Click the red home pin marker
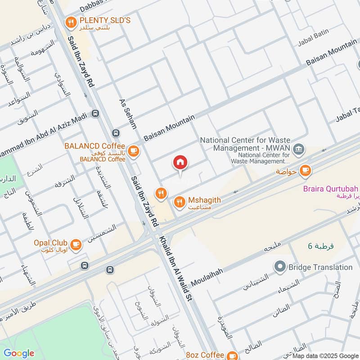pos(180,162)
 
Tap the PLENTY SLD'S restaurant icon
pos(70,21)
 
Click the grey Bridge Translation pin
pos(281,267)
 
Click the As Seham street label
pos(127,114)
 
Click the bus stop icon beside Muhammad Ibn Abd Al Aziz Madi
pos(95,113)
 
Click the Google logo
pos(19,353)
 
